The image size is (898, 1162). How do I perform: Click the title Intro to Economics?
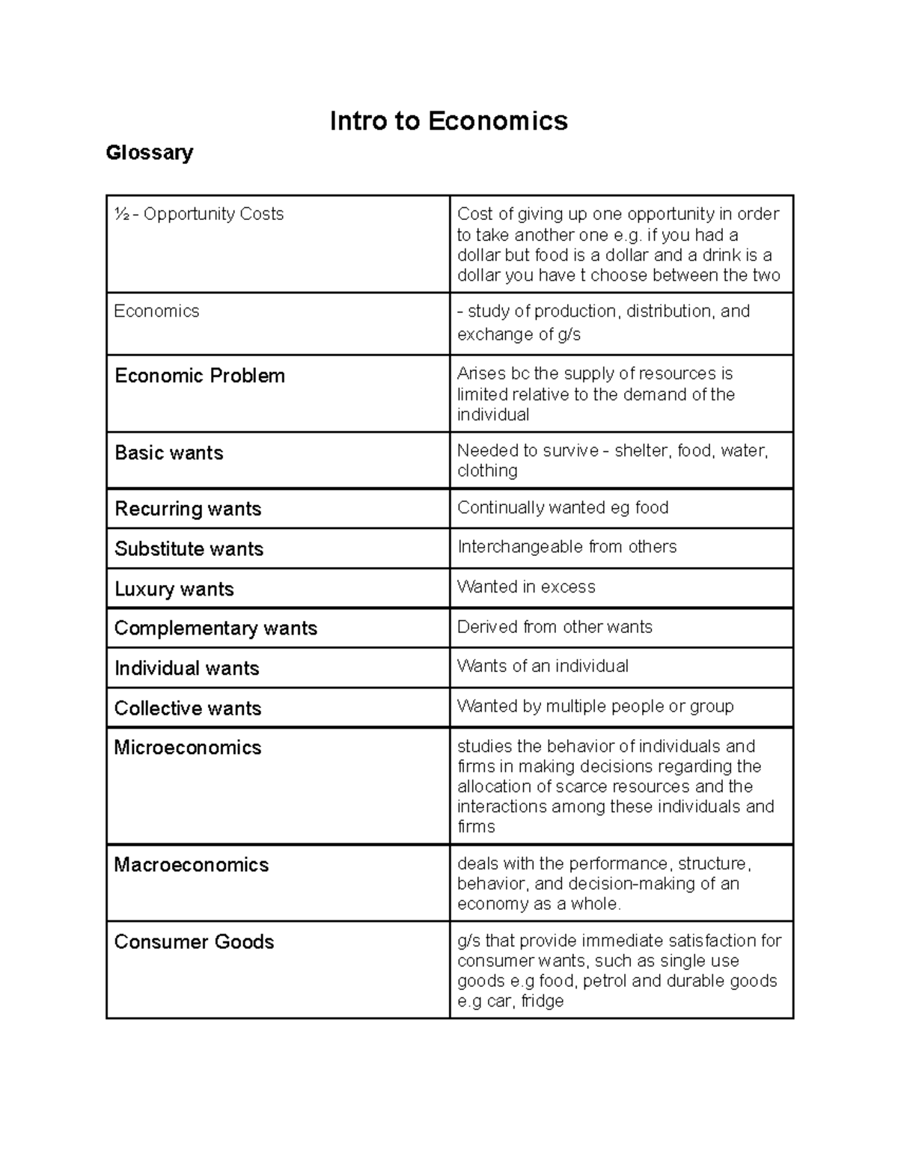(x=448, y=120)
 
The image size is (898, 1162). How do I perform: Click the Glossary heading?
(x=150, y=153)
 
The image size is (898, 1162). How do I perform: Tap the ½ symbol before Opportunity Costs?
(x=120, y=214)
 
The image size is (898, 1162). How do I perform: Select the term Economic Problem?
(x=200, y=376)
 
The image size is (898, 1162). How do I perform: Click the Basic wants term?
(x=169, y=453)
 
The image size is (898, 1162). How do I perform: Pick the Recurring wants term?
(x=188, y=509)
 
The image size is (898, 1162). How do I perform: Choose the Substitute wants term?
(x=189, y=548)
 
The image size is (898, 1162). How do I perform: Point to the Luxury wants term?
(x=174, y=589)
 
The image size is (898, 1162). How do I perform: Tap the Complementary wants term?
(x=216, y=628)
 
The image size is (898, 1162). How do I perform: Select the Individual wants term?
(x=186, y=668)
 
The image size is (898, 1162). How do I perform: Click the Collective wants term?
(x=187, y=708)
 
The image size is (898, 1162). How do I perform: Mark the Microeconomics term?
(x=187, y=747)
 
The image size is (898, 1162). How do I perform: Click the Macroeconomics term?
(x=191, y=865)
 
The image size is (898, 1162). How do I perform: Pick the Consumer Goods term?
(x=194, y=941)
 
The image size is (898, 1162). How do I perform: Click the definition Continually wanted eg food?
(x=563, y=507)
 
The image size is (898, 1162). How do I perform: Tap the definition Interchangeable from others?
(x=566, y=547)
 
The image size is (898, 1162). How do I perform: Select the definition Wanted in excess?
(x=526, y=587)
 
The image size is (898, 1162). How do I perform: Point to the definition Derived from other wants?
(x=555, y=626)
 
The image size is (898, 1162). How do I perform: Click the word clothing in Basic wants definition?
(x=487, y=471)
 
